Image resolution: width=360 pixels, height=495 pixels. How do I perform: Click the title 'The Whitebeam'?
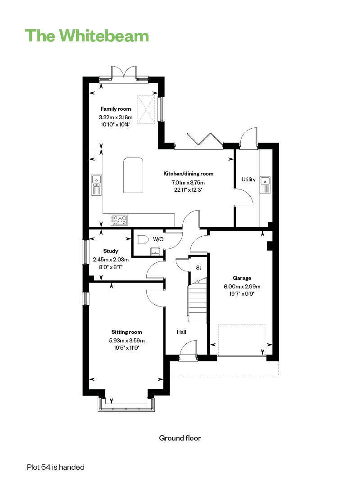coord(86,35)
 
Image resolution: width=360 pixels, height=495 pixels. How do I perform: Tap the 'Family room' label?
coord(116,109)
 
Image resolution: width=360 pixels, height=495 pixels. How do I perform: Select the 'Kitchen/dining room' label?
coord(188,174)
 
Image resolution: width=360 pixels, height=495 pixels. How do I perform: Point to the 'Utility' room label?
coord(248,180)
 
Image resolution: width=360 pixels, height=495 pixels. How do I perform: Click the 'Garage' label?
coord(242,278)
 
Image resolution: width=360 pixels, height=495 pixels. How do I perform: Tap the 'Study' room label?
coord(111,251)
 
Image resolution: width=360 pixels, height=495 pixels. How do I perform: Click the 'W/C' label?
coord(158,239)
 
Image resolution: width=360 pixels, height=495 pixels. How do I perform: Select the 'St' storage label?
coord(198,268)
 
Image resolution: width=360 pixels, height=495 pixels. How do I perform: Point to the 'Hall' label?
coord(181,332)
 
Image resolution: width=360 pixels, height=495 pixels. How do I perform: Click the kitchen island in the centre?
coord(133,175)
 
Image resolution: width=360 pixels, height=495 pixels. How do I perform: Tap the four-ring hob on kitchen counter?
coord(120,220)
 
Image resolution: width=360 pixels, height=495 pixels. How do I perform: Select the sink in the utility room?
coord(265,185)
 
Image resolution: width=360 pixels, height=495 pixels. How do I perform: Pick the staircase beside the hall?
coord(197,299)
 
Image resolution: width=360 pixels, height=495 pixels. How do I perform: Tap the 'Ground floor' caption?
coord(180,438)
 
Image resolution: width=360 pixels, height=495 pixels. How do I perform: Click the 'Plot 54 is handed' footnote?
coord(56,467)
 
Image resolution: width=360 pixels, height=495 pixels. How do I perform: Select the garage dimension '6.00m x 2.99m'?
coord(242,286)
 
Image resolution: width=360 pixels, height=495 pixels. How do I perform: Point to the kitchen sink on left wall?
coord(97,185)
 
